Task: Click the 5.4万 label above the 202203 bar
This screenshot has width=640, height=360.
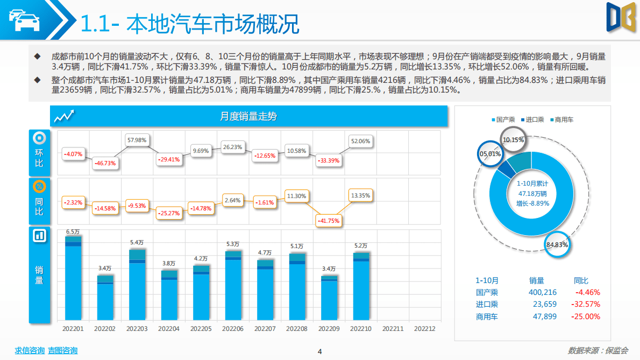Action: pyautogui.click(x=137, y=242)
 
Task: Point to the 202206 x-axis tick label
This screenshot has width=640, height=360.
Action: pyautogui.click(x=233, y=328)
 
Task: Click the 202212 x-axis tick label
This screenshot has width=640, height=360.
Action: pyautogui.click(x=424, y=328)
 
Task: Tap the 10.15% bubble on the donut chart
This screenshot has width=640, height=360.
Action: pyautogui.click(x=513, y=140)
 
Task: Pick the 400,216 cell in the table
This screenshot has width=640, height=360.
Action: pyautogui.click(x=543, y=292)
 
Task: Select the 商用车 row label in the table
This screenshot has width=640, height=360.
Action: pyautogui.click(x=487, y=316)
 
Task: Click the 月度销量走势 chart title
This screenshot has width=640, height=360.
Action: pyautogui.click(x=248, y=116)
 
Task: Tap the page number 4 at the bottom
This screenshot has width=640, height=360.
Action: pyautogui.click(x=319, y=352)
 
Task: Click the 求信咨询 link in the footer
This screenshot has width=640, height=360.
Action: pyautogui.click(x=30, y=350)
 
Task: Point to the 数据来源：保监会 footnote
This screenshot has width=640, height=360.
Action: pyautogui.click(x=598, y=350)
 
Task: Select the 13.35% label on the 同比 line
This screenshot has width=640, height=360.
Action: pyautogui.click(x=360, y=195)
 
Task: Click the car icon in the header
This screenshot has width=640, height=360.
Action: pyautogui.click(x=24, y=20)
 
